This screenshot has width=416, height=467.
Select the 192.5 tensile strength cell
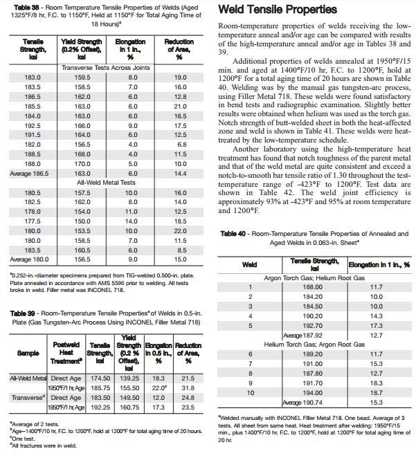32,127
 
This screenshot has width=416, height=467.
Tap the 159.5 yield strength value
82,77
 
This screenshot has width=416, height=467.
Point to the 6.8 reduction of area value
181,145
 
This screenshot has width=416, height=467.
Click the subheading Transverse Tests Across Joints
106,68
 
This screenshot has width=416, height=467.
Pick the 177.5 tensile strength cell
32,221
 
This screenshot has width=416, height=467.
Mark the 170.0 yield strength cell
82,164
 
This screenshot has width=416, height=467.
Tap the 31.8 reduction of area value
187,388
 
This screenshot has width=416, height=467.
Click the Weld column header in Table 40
249,265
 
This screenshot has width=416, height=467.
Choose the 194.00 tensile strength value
313,392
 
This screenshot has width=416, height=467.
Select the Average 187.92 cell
308,335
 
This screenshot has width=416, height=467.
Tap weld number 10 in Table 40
250,392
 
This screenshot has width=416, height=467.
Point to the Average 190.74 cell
308,402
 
